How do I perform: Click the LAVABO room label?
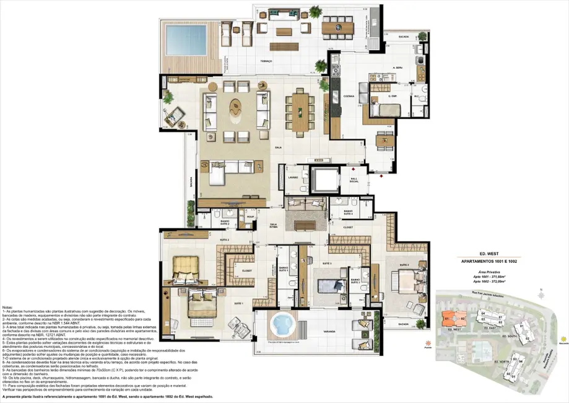coord(293,177)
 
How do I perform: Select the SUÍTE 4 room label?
coord(404,264)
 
